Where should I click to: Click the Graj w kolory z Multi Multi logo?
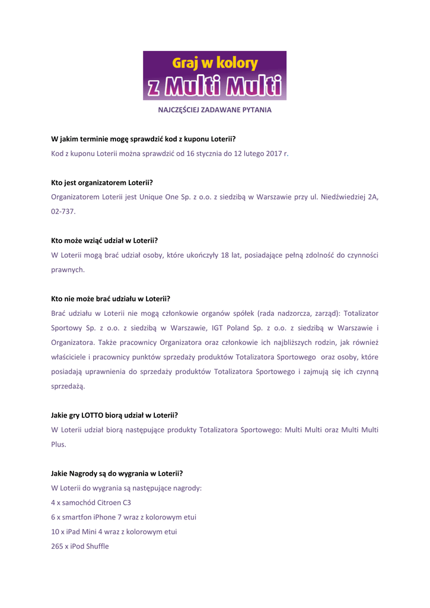(214, 75)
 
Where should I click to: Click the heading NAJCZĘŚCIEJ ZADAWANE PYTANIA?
(214, 110)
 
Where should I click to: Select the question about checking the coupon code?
(144, 139)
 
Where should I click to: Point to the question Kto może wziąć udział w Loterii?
(104, 240)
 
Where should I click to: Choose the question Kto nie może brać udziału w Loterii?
(110, 298)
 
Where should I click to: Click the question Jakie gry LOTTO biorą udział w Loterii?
(114, 415)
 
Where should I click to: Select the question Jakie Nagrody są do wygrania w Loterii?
(117, 473)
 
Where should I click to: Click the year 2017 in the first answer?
(274, 153)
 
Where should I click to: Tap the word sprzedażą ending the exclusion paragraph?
(68, 386)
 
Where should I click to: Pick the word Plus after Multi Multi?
(59, 444)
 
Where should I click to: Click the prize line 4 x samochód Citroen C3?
(91, 502)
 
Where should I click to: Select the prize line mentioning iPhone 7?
(124, 517)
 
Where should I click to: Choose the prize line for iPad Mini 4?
(114, 531)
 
